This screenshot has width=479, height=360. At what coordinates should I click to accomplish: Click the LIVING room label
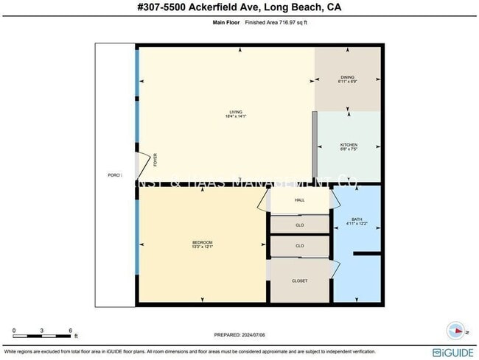pos(235,112)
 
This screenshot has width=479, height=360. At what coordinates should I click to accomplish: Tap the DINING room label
pos(347,77)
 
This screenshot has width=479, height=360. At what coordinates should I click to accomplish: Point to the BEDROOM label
pos(202,243)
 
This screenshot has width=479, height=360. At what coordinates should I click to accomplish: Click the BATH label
pos(357,219)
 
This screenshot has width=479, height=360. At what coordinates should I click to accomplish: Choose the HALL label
pos(300,200)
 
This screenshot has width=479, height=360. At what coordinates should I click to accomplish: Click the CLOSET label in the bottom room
pos(300,280)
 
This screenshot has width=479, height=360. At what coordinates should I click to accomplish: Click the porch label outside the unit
pos(113,175)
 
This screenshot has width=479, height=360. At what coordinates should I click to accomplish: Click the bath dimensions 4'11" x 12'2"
pos(357,225)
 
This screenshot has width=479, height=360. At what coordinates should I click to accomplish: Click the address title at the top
pos(239,8)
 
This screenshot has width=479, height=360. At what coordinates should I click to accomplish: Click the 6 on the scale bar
pos(70,330)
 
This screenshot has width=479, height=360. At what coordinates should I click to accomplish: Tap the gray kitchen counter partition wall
pos(315,144)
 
